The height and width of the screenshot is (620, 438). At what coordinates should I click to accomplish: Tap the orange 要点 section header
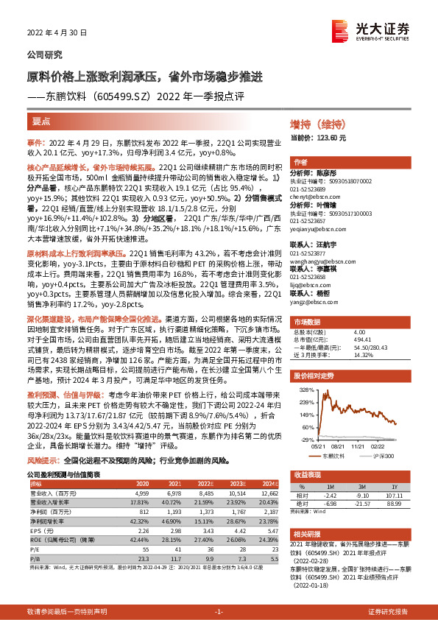point(42,119)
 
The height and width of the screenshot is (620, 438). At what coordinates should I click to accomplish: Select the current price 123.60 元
point(329,138)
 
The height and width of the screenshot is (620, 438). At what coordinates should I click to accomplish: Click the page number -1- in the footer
point(219,613)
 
